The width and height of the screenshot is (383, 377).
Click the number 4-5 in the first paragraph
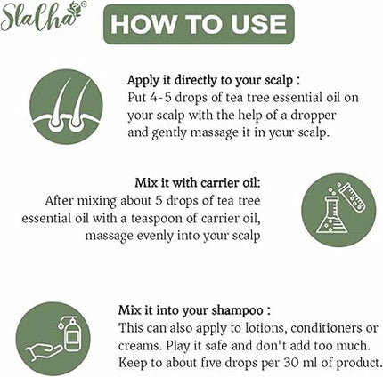pos(162,98)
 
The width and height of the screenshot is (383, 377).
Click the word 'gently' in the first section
pos(171,133)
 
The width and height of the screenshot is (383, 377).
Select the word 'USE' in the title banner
pos(253,24)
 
